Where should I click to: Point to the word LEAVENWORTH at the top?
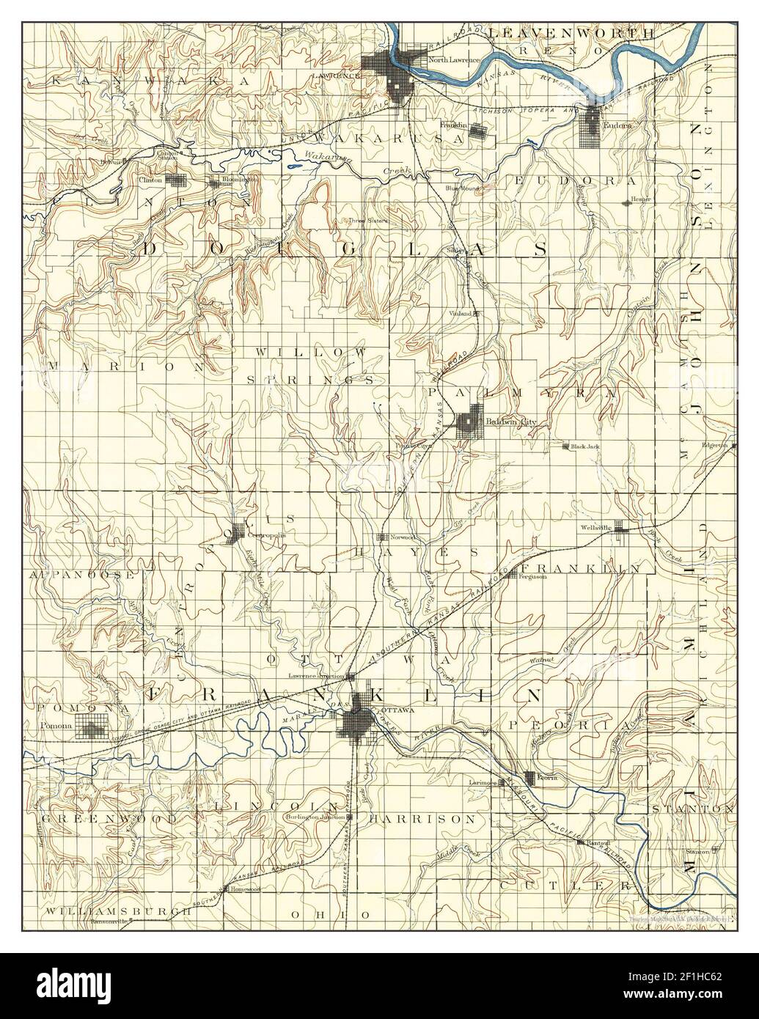click(569, 33)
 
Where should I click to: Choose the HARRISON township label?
click(422, 818)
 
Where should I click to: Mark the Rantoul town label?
click(598, 843)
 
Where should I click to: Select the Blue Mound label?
click(462, 188)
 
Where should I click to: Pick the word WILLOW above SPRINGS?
click(310, 353)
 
